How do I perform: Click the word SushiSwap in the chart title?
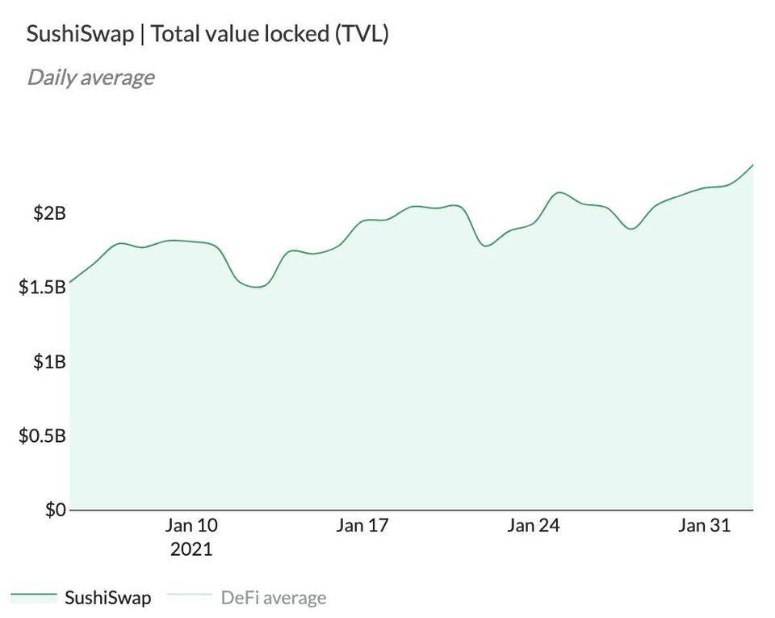tap(79, 35)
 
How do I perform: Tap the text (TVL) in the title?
tap(362, 35)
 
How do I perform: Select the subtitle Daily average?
tap(90, 78)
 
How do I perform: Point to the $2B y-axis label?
tap(49, 213)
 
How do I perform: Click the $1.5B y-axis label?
tap(42, 288)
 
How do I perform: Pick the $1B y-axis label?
tap(49, 362)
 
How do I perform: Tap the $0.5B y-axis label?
tap(42, 436)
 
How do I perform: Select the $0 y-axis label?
tap(55, 511)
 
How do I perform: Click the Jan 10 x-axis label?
tap(191, 526)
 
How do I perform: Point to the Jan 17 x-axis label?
tap(362, 526)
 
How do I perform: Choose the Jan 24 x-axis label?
tap(533, 526)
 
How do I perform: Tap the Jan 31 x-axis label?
tap(704, 526)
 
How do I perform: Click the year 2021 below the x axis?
tap(191, 550)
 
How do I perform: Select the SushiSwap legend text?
tap(107, 598)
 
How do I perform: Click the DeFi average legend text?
tap(273, 598)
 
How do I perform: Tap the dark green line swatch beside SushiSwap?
tap(34, 597)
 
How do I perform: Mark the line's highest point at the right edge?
tap(752, 165)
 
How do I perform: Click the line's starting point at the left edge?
tap(70, 282)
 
